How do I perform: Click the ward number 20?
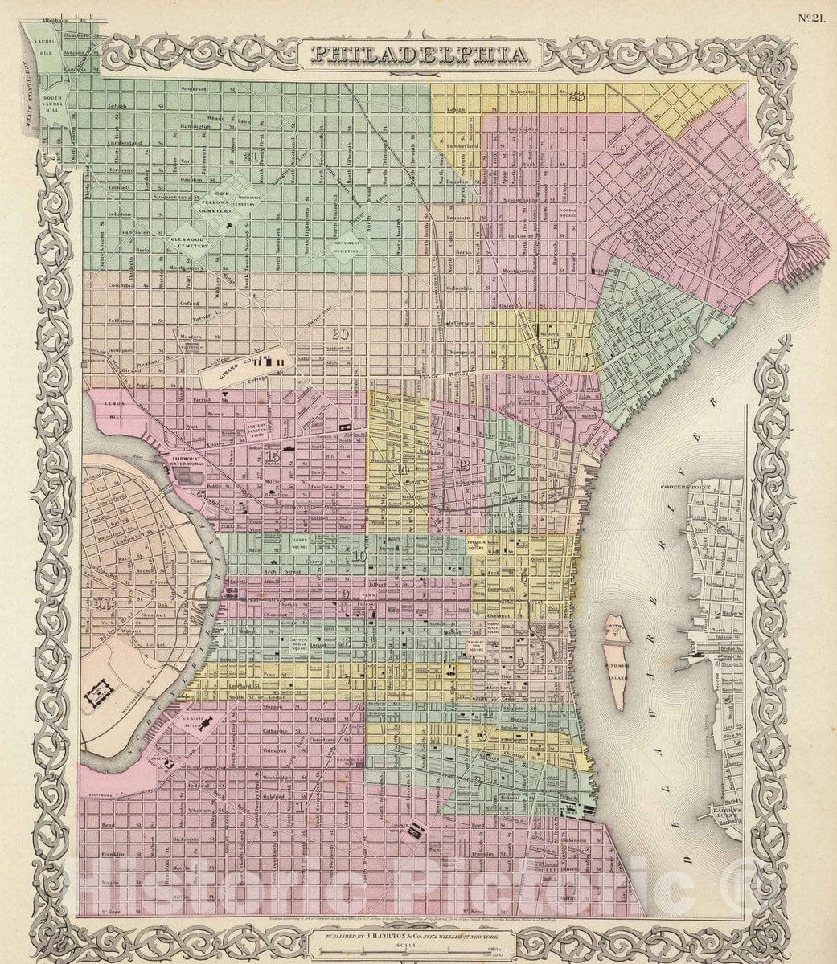pyautogui.click(x=340, y=334)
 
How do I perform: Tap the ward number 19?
pyautogui.click(x=618, y=150)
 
